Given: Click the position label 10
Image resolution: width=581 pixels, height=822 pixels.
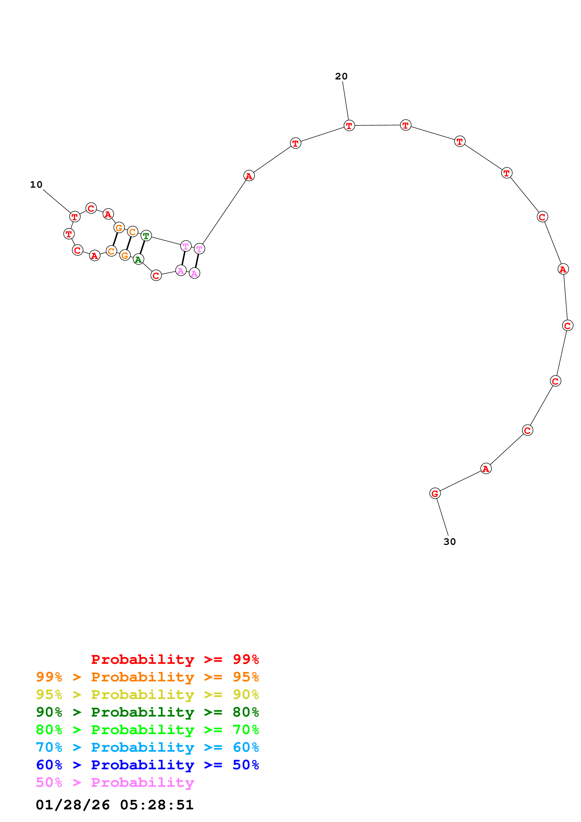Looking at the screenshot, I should coord(36,185).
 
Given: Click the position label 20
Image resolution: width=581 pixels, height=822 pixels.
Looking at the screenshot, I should coord(341,76).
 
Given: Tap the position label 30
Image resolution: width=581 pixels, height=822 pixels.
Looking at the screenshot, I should coord(450,542).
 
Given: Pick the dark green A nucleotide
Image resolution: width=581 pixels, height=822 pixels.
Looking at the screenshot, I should coord(139,259).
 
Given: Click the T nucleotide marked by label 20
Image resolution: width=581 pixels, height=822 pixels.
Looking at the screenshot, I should coord(349,126).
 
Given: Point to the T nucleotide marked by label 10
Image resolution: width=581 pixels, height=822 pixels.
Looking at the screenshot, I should coord(75,217).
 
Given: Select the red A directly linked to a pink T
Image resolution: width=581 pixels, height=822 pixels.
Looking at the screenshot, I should coord(249,176).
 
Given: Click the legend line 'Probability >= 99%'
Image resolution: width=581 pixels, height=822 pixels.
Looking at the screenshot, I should coord(175,659).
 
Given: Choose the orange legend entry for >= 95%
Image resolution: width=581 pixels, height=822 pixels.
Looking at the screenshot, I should coord(147,677).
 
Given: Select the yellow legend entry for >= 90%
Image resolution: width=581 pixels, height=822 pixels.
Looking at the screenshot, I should coord(147,694).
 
